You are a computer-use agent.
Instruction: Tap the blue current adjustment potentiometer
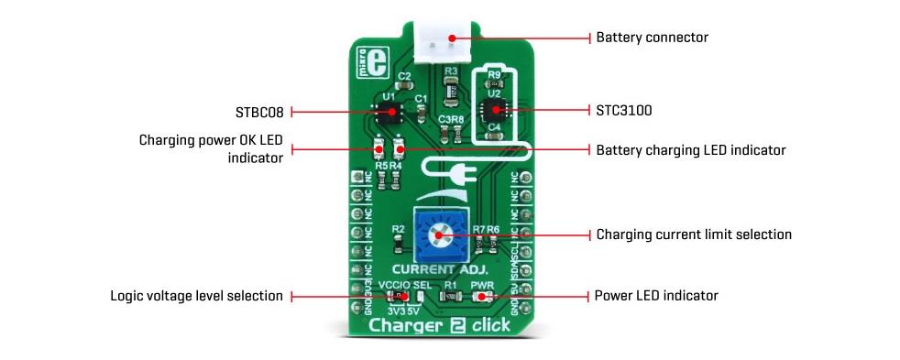(x=438, y=235)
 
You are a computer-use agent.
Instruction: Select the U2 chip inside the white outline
(x=495, y=110)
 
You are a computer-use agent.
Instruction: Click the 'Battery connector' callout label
(x=652, y=38)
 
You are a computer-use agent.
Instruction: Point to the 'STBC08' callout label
(x=260, y=113)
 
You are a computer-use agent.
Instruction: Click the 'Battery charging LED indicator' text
(x=690, y=149)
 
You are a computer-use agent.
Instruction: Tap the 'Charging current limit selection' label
(x=693, y=235)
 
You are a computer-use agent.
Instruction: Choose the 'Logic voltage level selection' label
(x=196, y=296)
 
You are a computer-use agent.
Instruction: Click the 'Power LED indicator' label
(x=655, y=296)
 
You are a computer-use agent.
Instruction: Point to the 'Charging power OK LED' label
(x=210, y=141)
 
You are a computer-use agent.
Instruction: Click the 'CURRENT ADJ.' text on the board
(x=439, y=270)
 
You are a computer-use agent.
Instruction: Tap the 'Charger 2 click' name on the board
(x=439, y=325)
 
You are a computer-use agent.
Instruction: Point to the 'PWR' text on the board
(x=482, y=285)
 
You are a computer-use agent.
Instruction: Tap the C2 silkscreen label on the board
(x=404, y=77)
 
